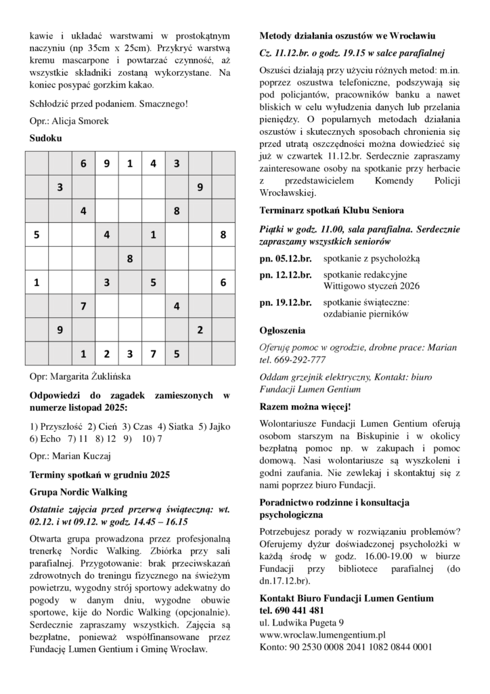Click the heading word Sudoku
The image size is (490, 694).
click(x=45, y=138)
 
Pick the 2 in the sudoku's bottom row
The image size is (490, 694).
click(x=106, y=354)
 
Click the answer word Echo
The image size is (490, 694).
click(x=50, y=438)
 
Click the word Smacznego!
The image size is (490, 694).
click(x=166, y=104)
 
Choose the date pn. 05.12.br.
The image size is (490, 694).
click(x=286, y=259)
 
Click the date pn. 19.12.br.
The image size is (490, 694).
click(x=286, y=302)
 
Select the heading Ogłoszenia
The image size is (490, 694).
click(x=282, y=331)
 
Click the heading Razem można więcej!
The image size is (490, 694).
click(x=305, y=407)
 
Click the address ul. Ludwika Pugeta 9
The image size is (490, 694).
click(x=302, y=622)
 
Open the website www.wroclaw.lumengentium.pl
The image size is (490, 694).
click(x=323, y=635)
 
